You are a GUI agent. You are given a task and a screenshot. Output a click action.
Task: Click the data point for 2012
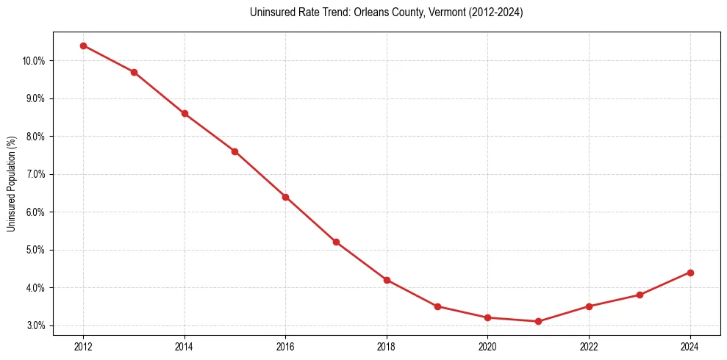pyautogui.click(x=83, y=46)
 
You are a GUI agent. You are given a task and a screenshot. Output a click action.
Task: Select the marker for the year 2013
pyautogui.click(x=134, y=72)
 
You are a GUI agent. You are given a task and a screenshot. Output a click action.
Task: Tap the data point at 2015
pyautogui.click(x=234, y=151)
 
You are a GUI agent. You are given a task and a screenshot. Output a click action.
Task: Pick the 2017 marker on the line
pyautogui.click(x=336, y=242)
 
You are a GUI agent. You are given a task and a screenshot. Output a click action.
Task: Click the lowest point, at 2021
pyautogui.click(x=538, y=321)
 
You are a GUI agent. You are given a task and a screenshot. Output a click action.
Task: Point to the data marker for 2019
pyautogui.click(x=437, y=306)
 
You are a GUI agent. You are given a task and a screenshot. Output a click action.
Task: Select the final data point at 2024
pyautogui.click(x=690, y=273)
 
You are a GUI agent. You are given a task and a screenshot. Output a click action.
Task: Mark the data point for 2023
pyautogui.click(x=640, y=295)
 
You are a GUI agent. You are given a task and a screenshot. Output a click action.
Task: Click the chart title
pyautogui.click(x=386, y=12)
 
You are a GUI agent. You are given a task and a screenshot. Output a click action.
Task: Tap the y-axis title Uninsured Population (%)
pyautogui.click(x=11, y=184)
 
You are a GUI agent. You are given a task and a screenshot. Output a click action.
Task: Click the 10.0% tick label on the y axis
pyautogui.click(x=33, y=61)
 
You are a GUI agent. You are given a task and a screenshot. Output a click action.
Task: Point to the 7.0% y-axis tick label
pyautogui.click(x=35, y=174)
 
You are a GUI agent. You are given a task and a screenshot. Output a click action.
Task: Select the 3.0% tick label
pyautogui.click(x=35, y=325)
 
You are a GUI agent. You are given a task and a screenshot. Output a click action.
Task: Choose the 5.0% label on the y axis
pyautogui.click(x=35, y=250)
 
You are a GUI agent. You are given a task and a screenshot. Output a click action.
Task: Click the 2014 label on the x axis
pyautogui.click(x=185, y=345)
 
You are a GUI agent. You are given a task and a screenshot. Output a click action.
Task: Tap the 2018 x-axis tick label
pyautogui.click(x=387, y=345)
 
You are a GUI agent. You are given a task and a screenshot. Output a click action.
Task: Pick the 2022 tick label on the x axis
pyautogui.click(x=589, y=345)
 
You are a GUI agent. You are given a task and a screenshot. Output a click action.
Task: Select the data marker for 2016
pyautogui.click(x=285, y=197)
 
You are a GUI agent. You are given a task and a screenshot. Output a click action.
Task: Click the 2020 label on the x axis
pyautogui.click(x=488, y=345)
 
